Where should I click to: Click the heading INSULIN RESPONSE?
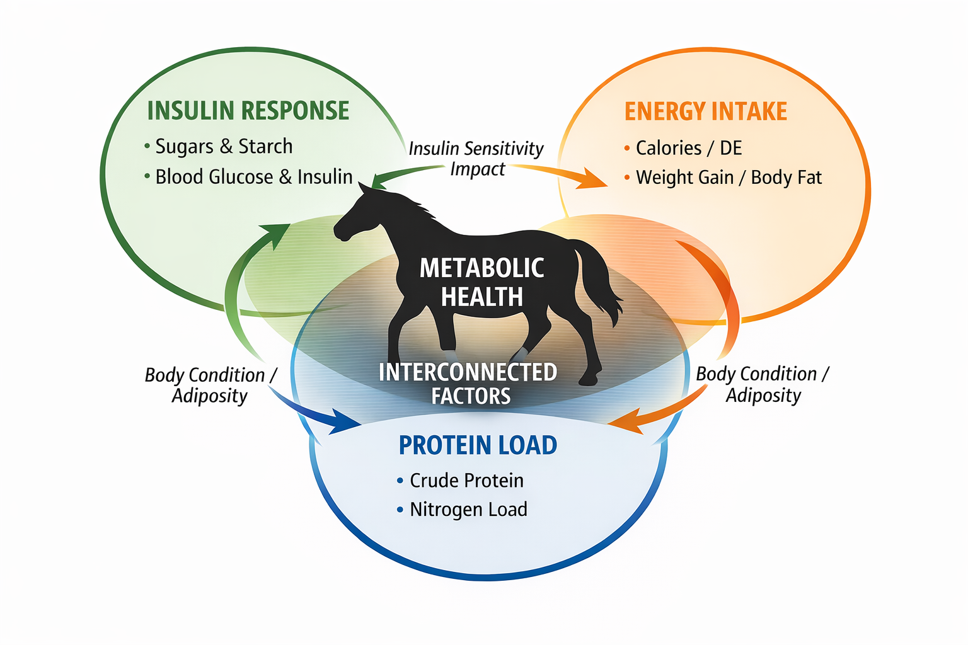(x=248, y=111)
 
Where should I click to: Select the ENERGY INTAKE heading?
(x=705, y=111)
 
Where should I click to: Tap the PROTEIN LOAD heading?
(x=478, y=445)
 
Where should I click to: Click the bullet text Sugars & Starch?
(x=224, y=146)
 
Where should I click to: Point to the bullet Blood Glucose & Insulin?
(x=253, y=177)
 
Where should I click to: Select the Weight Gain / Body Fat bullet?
(x=729, y=178)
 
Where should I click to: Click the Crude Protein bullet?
(x=466, y=481)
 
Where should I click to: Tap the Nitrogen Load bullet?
(x=468, y=510)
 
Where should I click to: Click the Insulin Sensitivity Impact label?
(x=476, y=158)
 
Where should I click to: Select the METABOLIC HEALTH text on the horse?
(x=482, y=282)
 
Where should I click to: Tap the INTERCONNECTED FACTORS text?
(x=468, y=384)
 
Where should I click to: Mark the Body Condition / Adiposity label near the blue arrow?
(x=210, y=385)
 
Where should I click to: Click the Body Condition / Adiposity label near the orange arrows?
(x=763, y=384)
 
